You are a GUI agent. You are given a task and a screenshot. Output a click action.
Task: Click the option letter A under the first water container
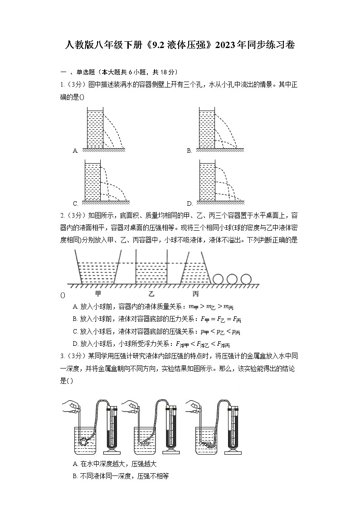(75, 151)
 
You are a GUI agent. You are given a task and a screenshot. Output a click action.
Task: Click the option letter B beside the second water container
(189, 151)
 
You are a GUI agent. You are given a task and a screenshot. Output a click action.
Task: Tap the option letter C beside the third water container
(75, 204)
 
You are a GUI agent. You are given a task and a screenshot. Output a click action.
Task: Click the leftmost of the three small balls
(218, 279)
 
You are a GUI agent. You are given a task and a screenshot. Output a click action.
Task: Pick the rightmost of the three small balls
(246, 279)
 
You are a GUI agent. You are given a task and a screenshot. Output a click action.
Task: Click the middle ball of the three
(232, 279)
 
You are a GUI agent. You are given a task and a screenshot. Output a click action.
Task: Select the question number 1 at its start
(62, 84)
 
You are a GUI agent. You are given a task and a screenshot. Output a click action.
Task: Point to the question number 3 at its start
(62, 359)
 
